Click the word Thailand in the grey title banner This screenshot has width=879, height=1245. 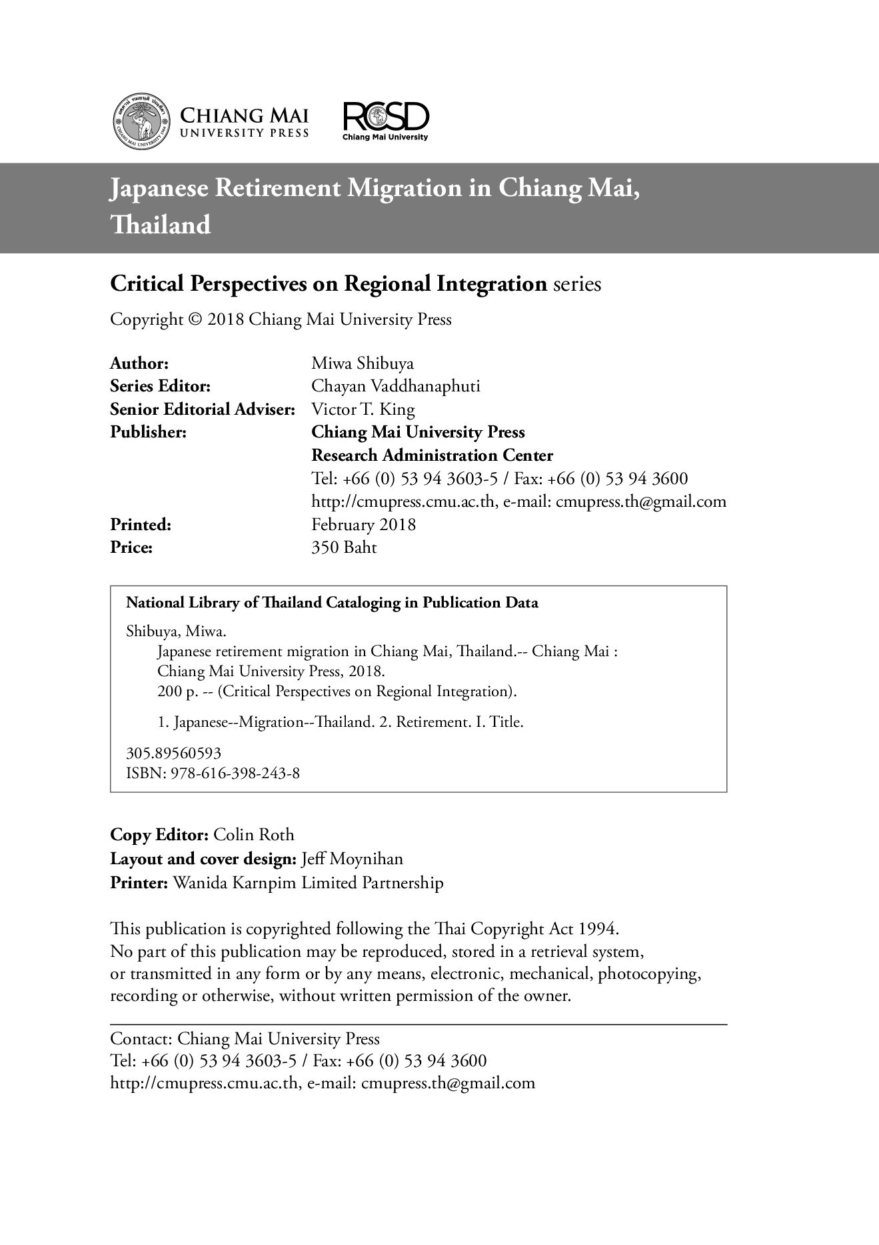161,225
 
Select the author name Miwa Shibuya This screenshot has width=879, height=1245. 363,363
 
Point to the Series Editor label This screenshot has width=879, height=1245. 161,386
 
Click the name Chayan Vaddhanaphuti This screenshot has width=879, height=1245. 396,386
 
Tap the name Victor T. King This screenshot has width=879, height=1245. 363,409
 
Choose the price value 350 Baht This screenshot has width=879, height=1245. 344,547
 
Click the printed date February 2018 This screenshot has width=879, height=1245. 364,525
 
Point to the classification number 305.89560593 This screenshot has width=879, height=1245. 174,753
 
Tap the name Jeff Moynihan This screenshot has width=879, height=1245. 353,858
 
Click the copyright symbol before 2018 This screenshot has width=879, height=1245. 196,320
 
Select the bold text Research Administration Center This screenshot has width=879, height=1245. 433,455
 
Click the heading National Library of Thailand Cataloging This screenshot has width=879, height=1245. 332,603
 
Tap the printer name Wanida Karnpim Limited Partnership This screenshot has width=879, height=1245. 308,883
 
